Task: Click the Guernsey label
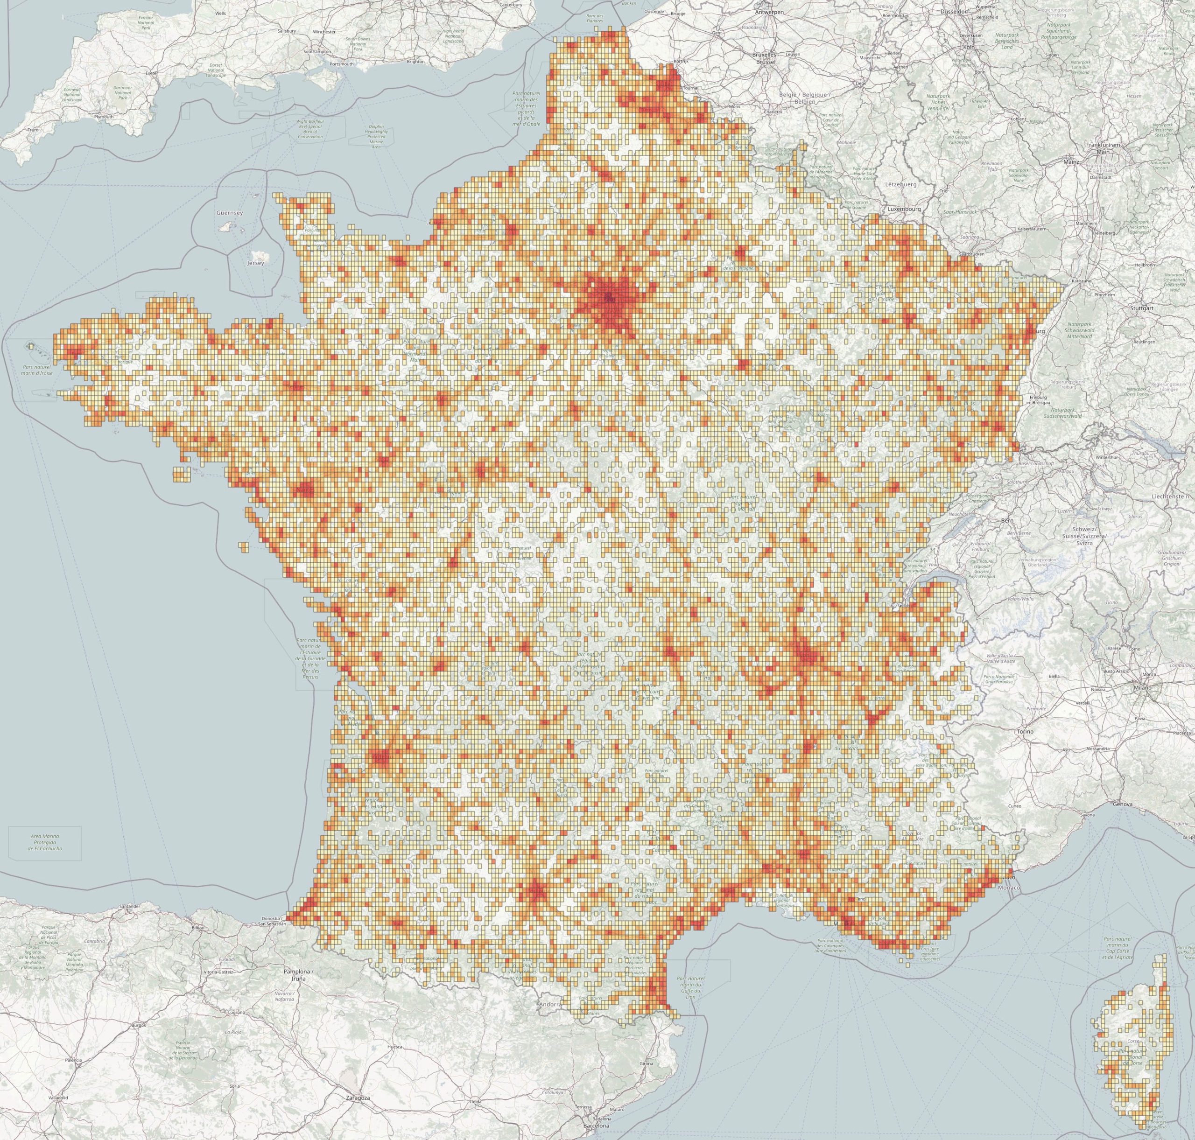[x=229, y=213]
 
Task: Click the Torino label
[x=1025, y=732]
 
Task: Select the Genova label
[x=1123, y=804]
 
